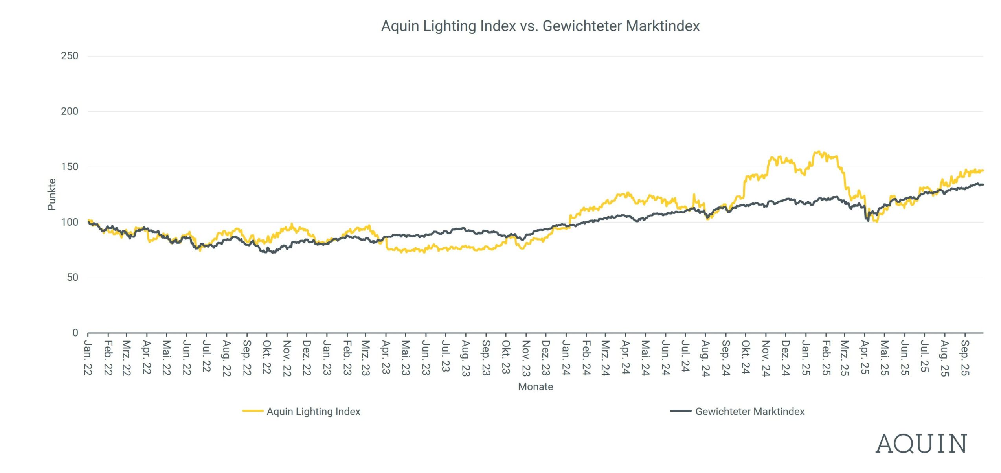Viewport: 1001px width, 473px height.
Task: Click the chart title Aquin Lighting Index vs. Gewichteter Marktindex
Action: [540, 26]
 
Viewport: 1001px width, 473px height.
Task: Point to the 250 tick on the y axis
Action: [70, 56]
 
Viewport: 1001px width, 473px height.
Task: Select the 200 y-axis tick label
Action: [70, 111]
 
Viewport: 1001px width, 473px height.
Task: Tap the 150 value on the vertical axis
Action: [70, 167]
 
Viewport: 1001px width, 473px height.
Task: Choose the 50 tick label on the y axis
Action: [72, 278]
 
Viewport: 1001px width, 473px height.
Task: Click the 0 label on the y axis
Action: [75, 333]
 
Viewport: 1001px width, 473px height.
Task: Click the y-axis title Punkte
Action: [51, 194]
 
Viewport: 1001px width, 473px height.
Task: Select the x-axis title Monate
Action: [535, 387]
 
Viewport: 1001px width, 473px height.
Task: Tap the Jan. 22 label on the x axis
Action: [88, 358]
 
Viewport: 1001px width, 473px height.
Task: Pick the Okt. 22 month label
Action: [267, 357]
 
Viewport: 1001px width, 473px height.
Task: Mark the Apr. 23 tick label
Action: [386, 357]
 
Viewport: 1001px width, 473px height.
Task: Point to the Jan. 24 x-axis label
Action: [566, 358]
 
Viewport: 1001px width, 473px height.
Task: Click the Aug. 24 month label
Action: [705, 358]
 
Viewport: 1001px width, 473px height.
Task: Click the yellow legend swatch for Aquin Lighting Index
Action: [253, 411]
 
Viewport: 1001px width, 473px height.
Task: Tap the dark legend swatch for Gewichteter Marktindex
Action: [681, 411]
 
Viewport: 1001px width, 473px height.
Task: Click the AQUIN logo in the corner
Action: [921, 444]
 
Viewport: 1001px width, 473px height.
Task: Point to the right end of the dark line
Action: [983, 185]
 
